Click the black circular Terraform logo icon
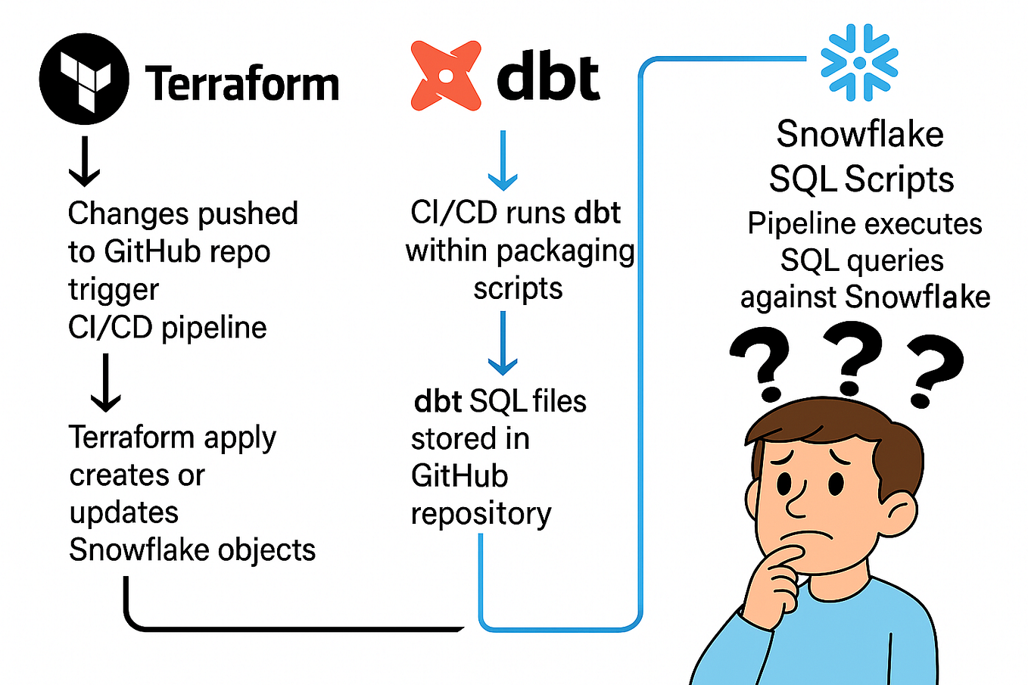(x=83, y=79)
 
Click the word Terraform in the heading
(x=242, y=83)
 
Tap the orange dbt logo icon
(x=446, y=76)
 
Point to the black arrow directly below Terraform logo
(x=84, y=162)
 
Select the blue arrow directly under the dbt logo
(x=503, y=160)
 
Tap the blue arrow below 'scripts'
(x=503, y=344)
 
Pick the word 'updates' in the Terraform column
(x=124, y=513)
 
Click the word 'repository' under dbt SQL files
(x=481, y=514)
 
